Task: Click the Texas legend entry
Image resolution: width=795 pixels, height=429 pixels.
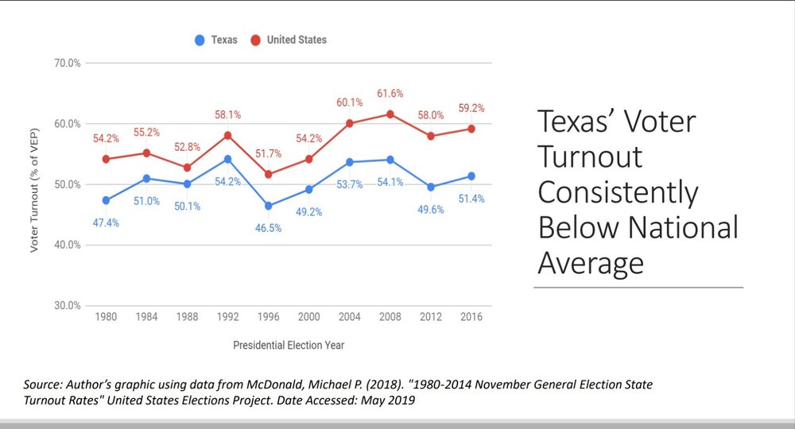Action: click(x=215, y=40)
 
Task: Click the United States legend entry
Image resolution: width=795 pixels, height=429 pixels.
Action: click(x=288, y=40)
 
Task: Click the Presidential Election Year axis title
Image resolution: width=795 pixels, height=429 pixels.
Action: click(x=289, y=346)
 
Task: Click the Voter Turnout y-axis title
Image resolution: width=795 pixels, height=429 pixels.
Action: click(x=34, y=184)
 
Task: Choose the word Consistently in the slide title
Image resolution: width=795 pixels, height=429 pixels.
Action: click(x=618, y=192)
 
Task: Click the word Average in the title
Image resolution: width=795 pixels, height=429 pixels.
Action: click(x=590, y=262)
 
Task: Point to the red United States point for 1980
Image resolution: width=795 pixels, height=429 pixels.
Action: click(x=106, y=159)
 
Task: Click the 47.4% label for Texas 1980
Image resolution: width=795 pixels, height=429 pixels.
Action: click(x=106, y=223)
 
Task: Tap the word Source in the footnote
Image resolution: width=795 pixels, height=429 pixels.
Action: click(x=43, y=385)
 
